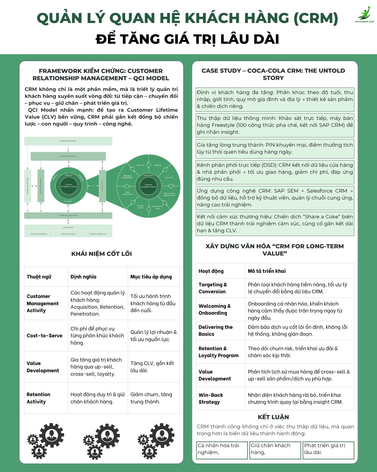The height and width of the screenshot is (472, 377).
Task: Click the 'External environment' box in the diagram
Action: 68,141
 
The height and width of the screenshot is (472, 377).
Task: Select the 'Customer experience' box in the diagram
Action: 68,156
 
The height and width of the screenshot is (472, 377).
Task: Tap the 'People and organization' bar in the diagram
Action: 68,216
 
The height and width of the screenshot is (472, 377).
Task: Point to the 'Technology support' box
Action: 68,234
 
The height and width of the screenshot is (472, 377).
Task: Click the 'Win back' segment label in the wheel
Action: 140,165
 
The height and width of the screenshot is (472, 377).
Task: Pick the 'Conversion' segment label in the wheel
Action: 169,177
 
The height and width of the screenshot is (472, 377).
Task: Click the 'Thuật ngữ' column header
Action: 39,277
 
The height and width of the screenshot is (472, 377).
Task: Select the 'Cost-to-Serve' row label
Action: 45,336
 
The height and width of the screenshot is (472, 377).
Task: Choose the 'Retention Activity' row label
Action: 38,398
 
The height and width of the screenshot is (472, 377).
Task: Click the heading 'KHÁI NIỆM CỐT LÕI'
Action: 101,254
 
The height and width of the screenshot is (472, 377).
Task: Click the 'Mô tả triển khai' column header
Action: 267,271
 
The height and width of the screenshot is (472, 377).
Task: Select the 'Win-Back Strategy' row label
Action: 210,398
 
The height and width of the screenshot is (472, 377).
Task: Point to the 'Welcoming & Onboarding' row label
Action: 215,309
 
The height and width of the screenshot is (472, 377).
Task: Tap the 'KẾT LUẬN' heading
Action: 273,417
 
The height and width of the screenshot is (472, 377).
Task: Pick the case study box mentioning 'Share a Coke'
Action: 275,223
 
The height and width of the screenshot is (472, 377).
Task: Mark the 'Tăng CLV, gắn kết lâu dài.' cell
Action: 152,367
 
